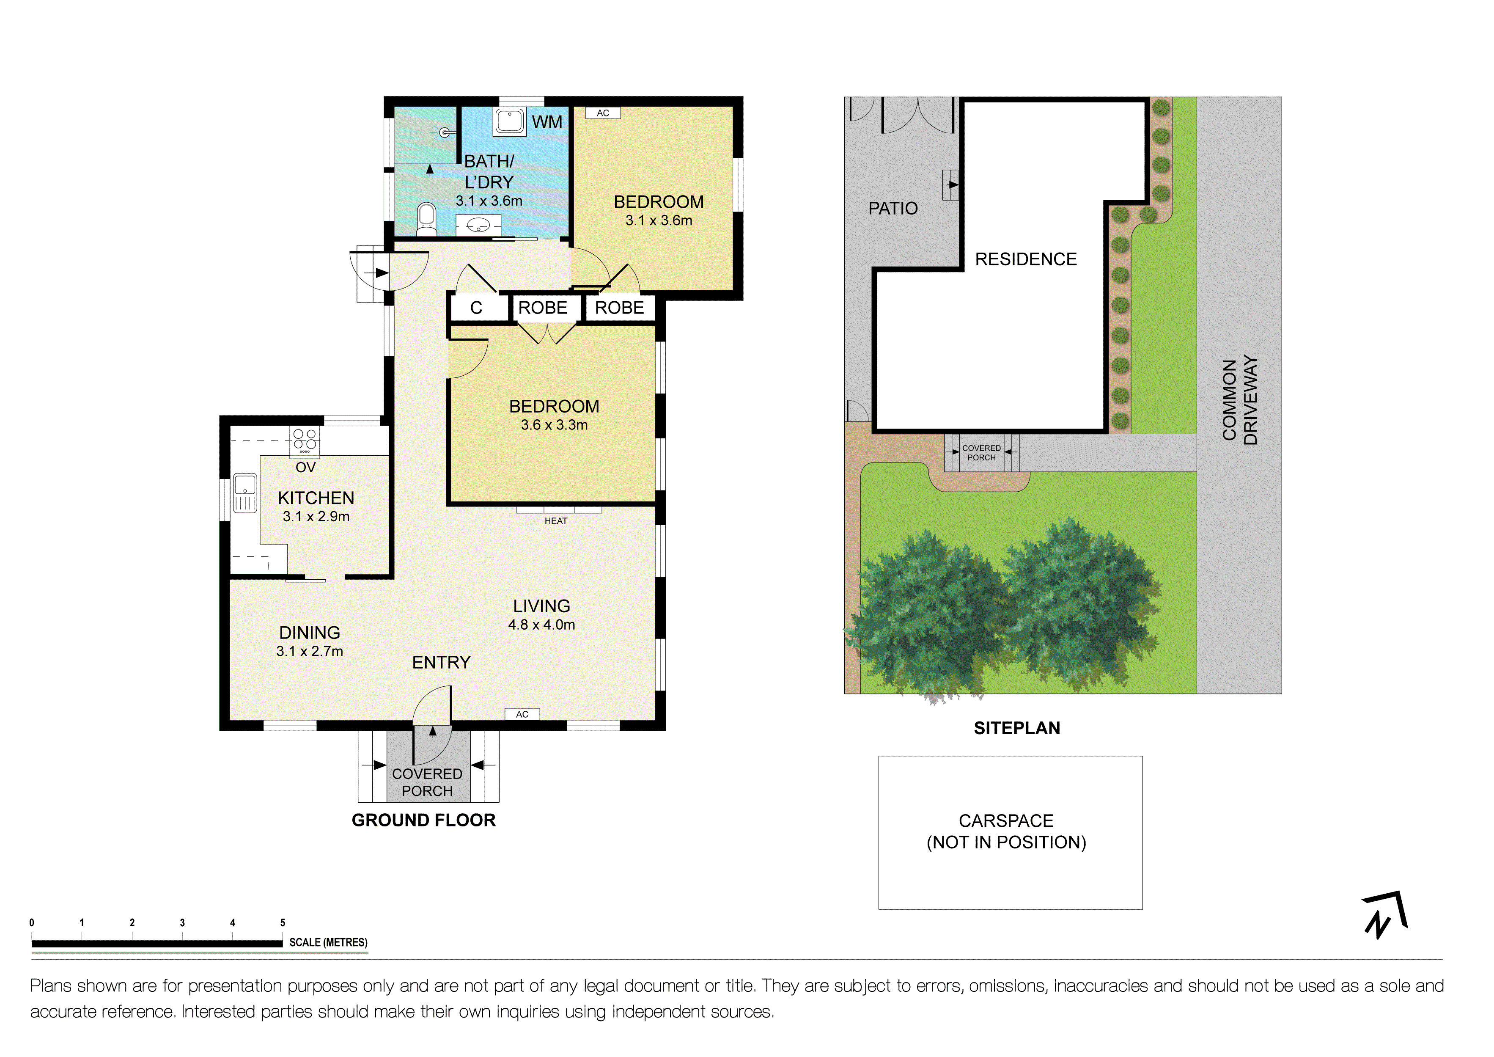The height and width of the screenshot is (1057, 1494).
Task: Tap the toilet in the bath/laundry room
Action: pyautogui.click(x=427, y=219)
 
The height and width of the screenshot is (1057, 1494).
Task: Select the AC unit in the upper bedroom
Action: pyautogui.click(x=603, y=113)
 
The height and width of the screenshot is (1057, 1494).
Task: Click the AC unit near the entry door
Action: pyautogui.click(x=522, y=714)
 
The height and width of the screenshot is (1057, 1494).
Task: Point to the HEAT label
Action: pyautogui.click(x=556, y=521)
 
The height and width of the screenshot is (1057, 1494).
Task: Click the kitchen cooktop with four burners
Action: pyautogui.click(x=305, y=440)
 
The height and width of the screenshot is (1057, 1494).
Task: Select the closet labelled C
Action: pyautogui.click(x=477, y=308)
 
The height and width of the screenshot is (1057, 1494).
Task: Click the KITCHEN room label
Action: pyautogui.click(x=316, y=498)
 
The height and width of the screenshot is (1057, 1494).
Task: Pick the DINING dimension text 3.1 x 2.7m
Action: pyautogui.click(x=310, y=651)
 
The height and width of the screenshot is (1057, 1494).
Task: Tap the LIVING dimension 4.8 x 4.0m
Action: pyautogui.click(x=541, y=625)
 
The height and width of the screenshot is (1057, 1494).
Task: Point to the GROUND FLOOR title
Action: pyautogui.click(x=423, y=820)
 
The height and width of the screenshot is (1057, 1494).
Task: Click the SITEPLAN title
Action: pyautogui.click(x=1017, y=728)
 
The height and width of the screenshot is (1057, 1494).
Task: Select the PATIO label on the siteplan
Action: pyautogui.click(x=893, y=208)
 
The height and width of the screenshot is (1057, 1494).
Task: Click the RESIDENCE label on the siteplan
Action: pyautogui.click(x=1025, y=259)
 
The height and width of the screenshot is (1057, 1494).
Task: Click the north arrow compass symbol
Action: pyautogui.click(x=1385, y=914)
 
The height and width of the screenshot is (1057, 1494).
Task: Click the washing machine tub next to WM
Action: pyautogui.click(x=510, y=122)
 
